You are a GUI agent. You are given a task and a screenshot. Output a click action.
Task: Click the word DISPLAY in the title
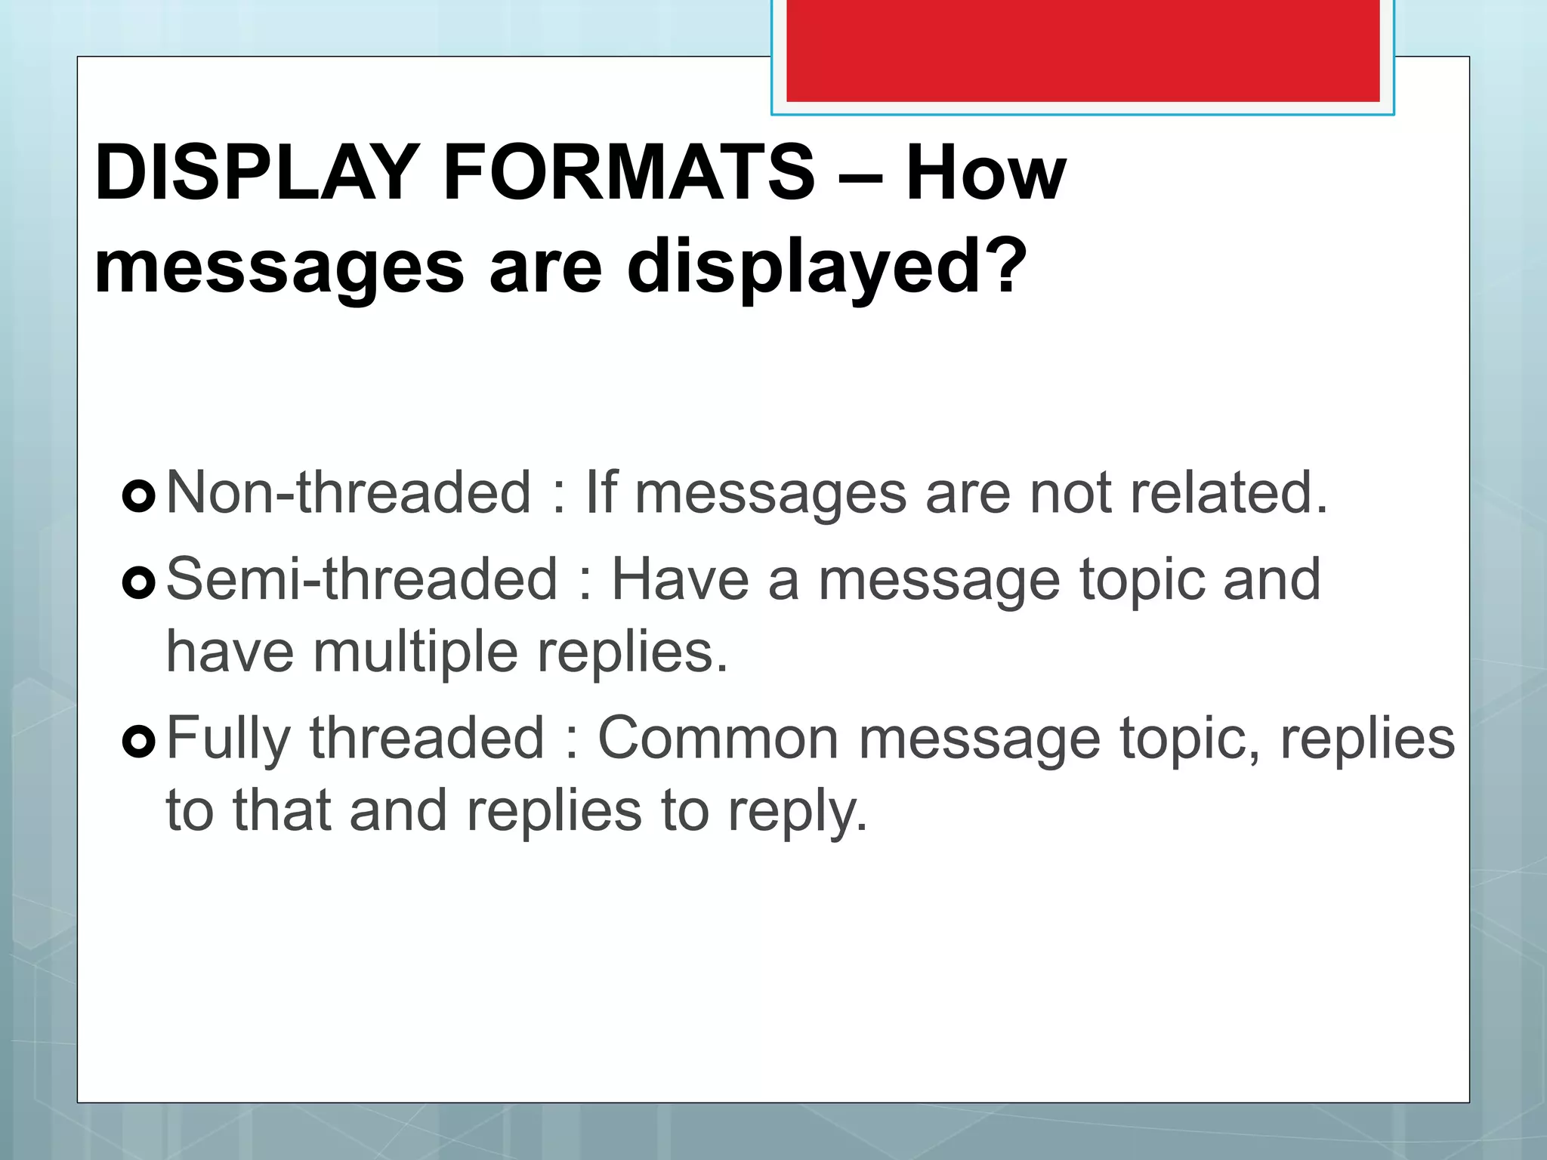click(x=257, y=173)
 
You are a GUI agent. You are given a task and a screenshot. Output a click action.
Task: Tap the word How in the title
click(x=986, y=173)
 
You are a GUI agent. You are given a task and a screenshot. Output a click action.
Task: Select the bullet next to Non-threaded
click(x=138, y=495)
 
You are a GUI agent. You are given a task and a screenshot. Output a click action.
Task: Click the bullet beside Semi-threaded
click(x=138, y=582)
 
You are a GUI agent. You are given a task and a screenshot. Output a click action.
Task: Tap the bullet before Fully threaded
click(x=138, y=741)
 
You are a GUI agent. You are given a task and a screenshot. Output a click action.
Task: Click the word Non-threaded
click(x=348, y=492)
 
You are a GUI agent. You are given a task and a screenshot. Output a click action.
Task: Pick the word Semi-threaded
click(x=362, y=579)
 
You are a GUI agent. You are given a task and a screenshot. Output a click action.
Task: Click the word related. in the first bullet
click(x=1228, y=492)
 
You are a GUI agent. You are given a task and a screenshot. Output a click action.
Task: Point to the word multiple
click(x=415, y=652)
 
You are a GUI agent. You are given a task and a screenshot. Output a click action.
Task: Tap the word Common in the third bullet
click(x=718, y=739)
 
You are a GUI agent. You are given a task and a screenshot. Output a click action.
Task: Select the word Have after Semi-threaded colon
click(x=680, y=579)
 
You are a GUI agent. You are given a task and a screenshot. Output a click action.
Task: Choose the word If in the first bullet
click(x=601, y=492)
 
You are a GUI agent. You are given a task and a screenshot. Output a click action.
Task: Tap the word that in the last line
click(x=282, y=810)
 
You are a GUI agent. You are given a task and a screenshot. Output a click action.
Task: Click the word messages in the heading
click(x=279, y=268)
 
